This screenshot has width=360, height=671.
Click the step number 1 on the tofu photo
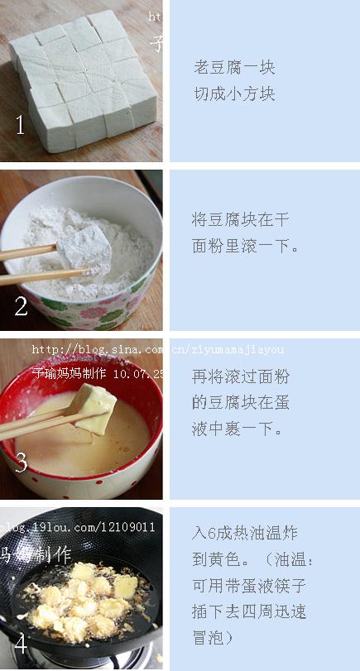21,126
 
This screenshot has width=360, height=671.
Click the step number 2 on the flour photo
21,305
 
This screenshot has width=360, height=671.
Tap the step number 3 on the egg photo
21,463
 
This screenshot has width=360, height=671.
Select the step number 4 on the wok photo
21,643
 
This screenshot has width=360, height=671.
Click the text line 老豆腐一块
234,68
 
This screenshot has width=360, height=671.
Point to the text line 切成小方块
234,93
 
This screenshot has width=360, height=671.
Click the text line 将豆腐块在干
240,219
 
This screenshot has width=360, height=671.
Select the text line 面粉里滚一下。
245,246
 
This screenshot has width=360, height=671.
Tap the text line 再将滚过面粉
240,376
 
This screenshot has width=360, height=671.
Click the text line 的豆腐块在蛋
240,403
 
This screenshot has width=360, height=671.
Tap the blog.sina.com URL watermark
157,350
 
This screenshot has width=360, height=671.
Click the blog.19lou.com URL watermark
79,527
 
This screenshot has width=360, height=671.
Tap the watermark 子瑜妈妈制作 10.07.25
98,374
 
